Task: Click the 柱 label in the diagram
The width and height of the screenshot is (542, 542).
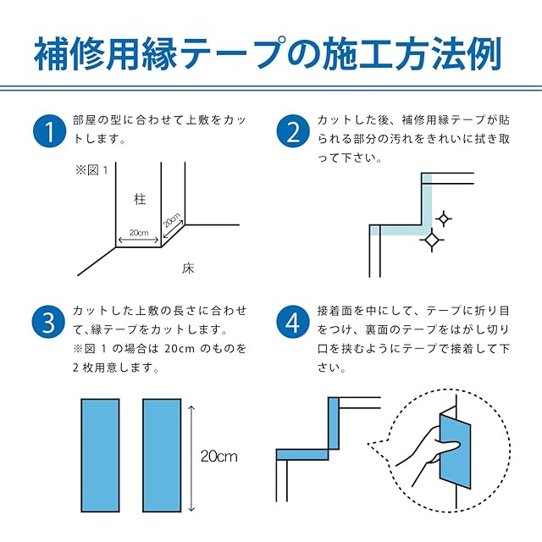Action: click(x=139, y=200)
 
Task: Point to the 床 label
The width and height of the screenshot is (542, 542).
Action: click(x=188, y=269)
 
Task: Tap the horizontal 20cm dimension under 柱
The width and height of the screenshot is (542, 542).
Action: click(x=139, y=233)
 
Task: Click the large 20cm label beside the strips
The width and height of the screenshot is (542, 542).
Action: click(x=218, y=456)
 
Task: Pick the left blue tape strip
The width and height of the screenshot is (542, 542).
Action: click(x=101, y=455)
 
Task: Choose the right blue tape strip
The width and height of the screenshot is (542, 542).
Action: click(x=162, y=455)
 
